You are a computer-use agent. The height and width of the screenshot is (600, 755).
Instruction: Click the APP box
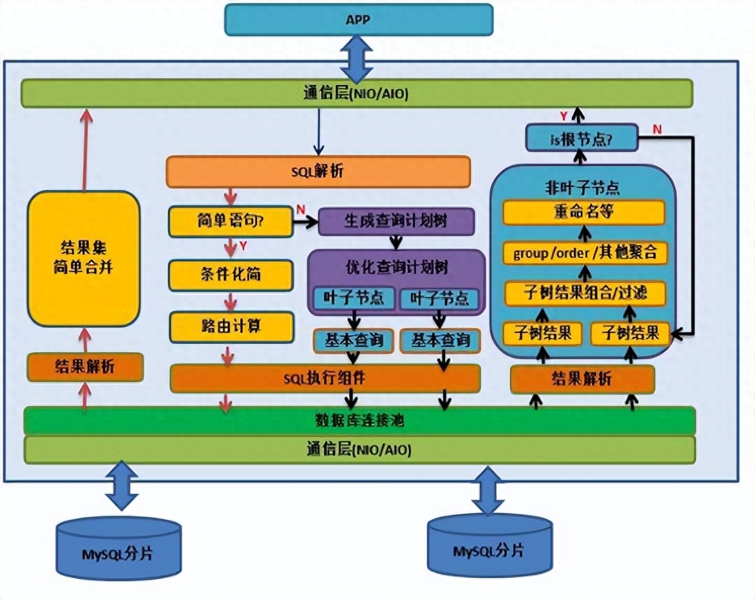point(359,20)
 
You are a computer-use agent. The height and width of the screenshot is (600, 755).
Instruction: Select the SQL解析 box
point(318,172)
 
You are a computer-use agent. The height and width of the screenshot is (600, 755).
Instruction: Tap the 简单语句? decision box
point(230,221)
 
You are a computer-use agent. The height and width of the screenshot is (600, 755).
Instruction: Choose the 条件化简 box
point(230,275)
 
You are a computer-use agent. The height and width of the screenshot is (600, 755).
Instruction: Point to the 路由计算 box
point(230,327)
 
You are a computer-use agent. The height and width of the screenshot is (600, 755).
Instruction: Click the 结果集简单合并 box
point(83,259)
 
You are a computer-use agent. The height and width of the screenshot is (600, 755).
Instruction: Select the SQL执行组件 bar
point(324,379)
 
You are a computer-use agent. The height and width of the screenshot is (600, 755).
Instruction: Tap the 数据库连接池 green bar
point(360,421)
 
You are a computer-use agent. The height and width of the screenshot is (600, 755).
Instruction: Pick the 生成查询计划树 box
point(395,222)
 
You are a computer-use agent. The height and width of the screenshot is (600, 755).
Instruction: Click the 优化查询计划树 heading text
point(396,267)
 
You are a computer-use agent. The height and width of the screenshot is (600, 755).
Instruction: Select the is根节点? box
point(582,137)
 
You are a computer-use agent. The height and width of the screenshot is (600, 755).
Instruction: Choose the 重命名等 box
point(583,213)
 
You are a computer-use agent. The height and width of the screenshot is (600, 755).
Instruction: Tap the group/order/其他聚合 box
point(585,253)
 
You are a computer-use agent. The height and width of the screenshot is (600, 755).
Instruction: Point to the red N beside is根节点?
point(657,130)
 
